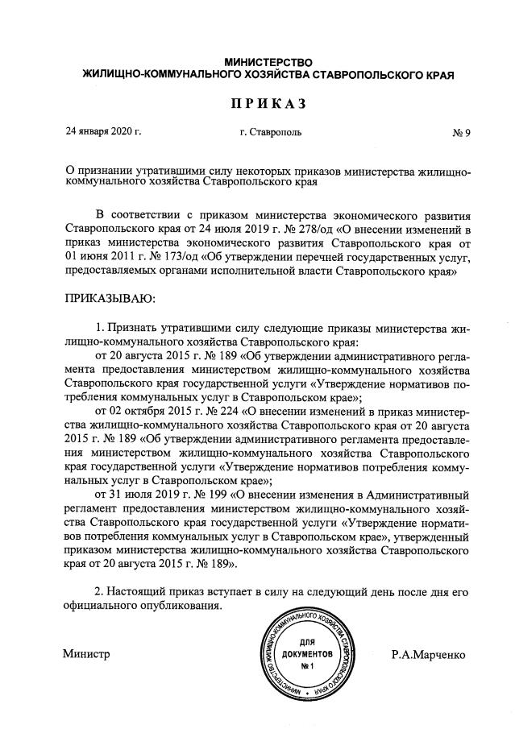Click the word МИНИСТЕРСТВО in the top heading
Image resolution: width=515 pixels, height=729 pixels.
pos(268,62)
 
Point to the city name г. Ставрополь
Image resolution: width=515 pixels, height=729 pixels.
pos(270,131)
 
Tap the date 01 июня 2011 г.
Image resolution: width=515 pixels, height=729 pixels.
pos(95,257)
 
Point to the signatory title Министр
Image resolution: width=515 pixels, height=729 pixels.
pos(86,655)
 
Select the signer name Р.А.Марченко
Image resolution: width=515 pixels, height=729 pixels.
pos(429,655)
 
